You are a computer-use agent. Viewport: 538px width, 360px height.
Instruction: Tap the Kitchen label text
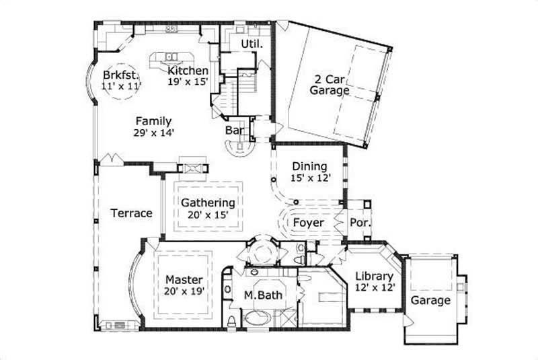[188, 71]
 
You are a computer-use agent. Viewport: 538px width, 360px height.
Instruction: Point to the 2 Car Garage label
[329, 83]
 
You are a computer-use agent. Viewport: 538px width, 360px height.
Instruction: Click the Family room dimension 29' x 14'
[154, 133]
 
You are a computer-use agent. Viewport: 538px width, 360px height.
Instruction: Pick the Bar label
[234, 129]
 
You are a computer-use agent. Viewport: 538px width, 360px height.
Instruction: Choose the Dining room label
[309, 166]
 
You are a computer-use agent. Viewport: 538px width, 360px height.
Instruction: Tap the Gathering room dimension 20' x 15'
[208, 215]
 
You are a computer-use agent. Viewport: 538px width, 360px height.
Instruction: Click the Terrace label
[131, 213]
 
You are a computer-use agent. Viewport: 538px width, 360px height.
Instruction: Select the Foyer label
[309, 222]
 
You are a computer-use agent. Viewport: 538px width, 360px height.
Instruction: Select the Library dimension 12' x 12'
[374, 287]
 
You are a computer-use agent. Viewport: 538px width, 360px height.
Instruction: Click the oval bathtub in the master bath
[258, 319]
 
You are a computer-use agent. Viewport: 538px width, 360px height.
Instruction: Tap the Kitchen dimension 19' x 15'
[188, 81]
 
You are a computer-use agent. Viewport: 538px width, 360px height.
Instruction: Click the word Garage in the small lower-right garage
[430, 300]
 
